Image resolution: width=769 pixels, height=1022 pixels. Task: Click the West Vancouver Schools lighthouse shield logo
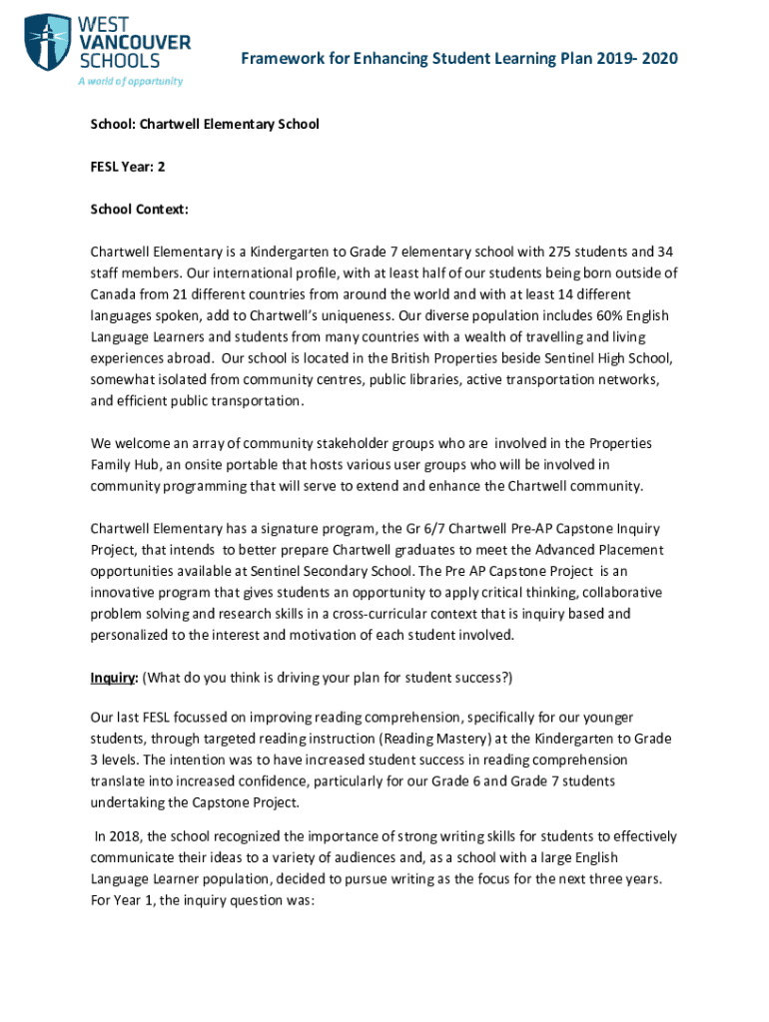click(47, 44)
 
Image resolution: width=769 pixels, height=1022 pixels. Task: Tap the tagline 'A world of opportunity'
click(130, 81)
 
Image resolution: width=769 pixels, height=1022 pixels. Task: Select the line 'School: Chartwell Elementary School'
click(205, 125)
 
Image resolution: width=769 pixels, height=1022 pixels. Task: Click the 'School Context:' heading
click(139, 211)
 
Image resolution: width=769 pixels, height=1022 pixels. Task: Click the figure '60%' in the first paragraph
click(586, 316)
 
